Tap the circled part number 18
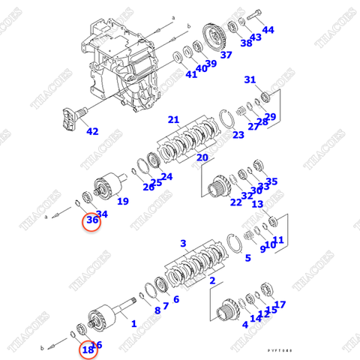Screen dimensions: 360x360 88,349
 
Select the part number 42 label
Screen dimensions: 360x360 92,131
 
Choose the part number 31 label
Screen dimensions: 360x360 250,79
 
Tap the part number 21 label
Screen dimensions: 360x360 173,119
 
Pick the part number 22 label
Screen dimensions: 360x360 236,202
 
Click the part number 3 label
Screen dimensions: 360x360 182,244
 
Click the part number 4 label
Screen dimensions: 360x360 244,325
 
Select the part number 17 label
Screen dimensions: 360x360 280,304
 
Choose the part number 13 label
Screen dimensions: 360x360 257,204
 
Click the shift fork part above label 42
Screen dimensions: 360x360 72,118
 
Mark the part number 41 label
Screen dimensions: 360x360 191,73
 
